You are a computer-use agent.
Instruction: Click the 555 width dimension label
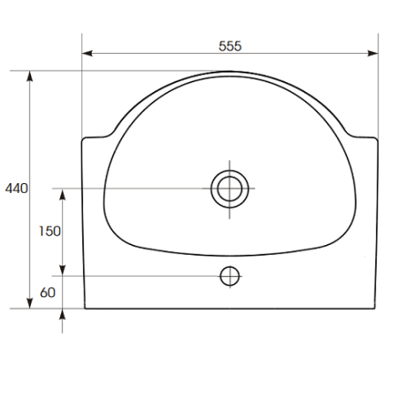point(230,46)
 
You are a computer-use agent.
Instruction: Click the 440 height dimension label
point(17,188)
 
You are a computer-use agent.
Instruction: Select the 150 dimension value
point(50,232)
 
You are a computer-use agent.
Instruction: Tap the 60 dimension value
point(48,293)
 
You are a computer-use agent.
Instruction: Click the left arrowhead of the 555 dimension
point(87,53)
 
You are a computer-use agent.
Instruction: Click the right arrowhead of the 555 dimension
point(373,53)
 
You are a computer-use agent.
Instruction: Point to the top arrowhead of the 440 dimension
point(29,76)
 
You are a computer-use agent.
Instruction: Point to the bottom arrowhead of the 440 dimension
point(29,303)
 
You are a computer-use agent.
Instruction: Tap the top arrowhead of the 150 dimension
point(62,195)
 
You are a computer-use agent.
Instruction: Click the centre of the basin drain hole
point(230,188)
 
